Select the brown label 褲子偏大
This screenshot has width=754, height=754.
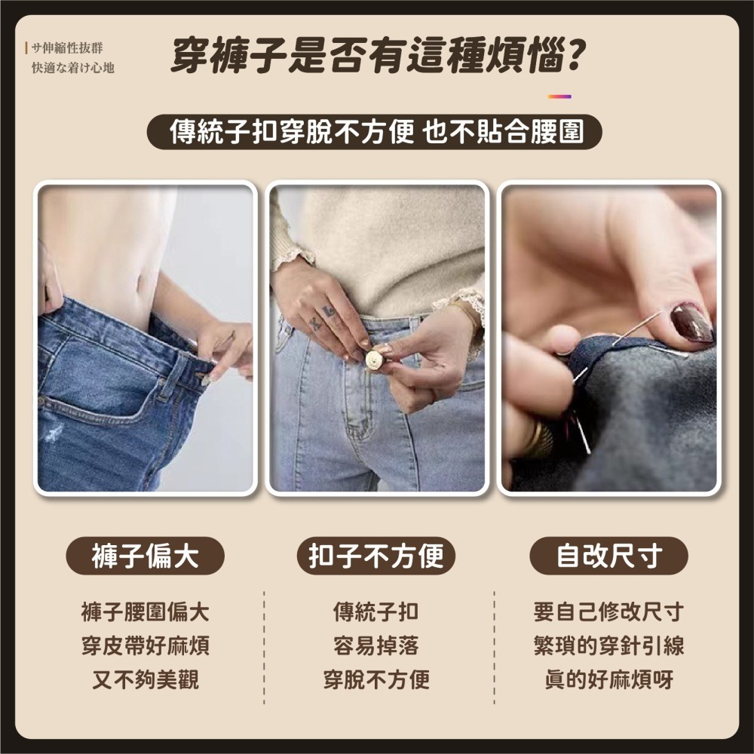(146, 556)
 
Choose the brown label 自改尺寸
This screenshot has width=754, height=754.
(608, 556)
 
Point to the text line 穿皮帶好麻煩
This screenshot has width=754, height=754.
(146, 645)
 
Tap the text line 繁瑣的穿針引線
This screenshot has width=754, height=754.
(608, 645)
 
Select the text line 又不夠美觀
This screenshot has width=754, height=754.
(146, 679)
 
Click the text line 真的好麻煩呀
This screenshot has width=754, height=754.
(608, 679)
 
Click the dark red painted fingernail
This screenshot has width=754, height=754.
(691, 323)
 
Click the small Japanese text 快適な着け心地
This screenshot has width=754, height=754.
(72, 68)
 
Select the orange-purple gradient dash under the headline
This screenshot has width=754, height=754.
(559, 97)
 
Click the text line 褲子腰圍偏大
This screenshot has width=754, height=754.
(146, 611)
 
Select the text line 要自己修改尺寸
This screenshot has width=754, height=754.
(608, 611)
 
